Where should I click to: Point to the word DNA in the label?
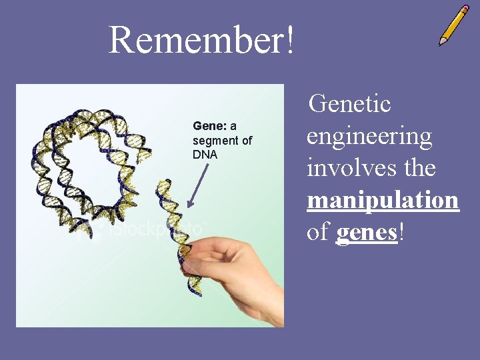pyautogui.click(x=205, y=155)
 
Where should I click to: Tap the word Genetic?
pyautogui.click(x=351, y=104)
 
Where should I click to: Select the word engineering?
pyautogui.click(x=369, y=137)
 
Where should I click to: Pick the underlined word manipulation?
pyautogui.click(x=383, y=200)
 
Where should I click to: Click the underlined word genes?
pyautogui.click(x=367, y=233)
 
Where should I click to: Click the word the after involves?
pyautogui.click(x=417, y=168)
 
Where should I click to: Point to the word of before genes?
pyautogui.click(x=319, y=233)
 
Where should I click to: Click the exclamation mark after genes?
pyautogui.click(x=401, y=233)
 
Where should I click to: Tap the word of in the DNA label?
pyautogui.click(x=247, y=141)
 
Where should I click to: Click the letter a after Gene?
pyautogui.click(x=233, y=126)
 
